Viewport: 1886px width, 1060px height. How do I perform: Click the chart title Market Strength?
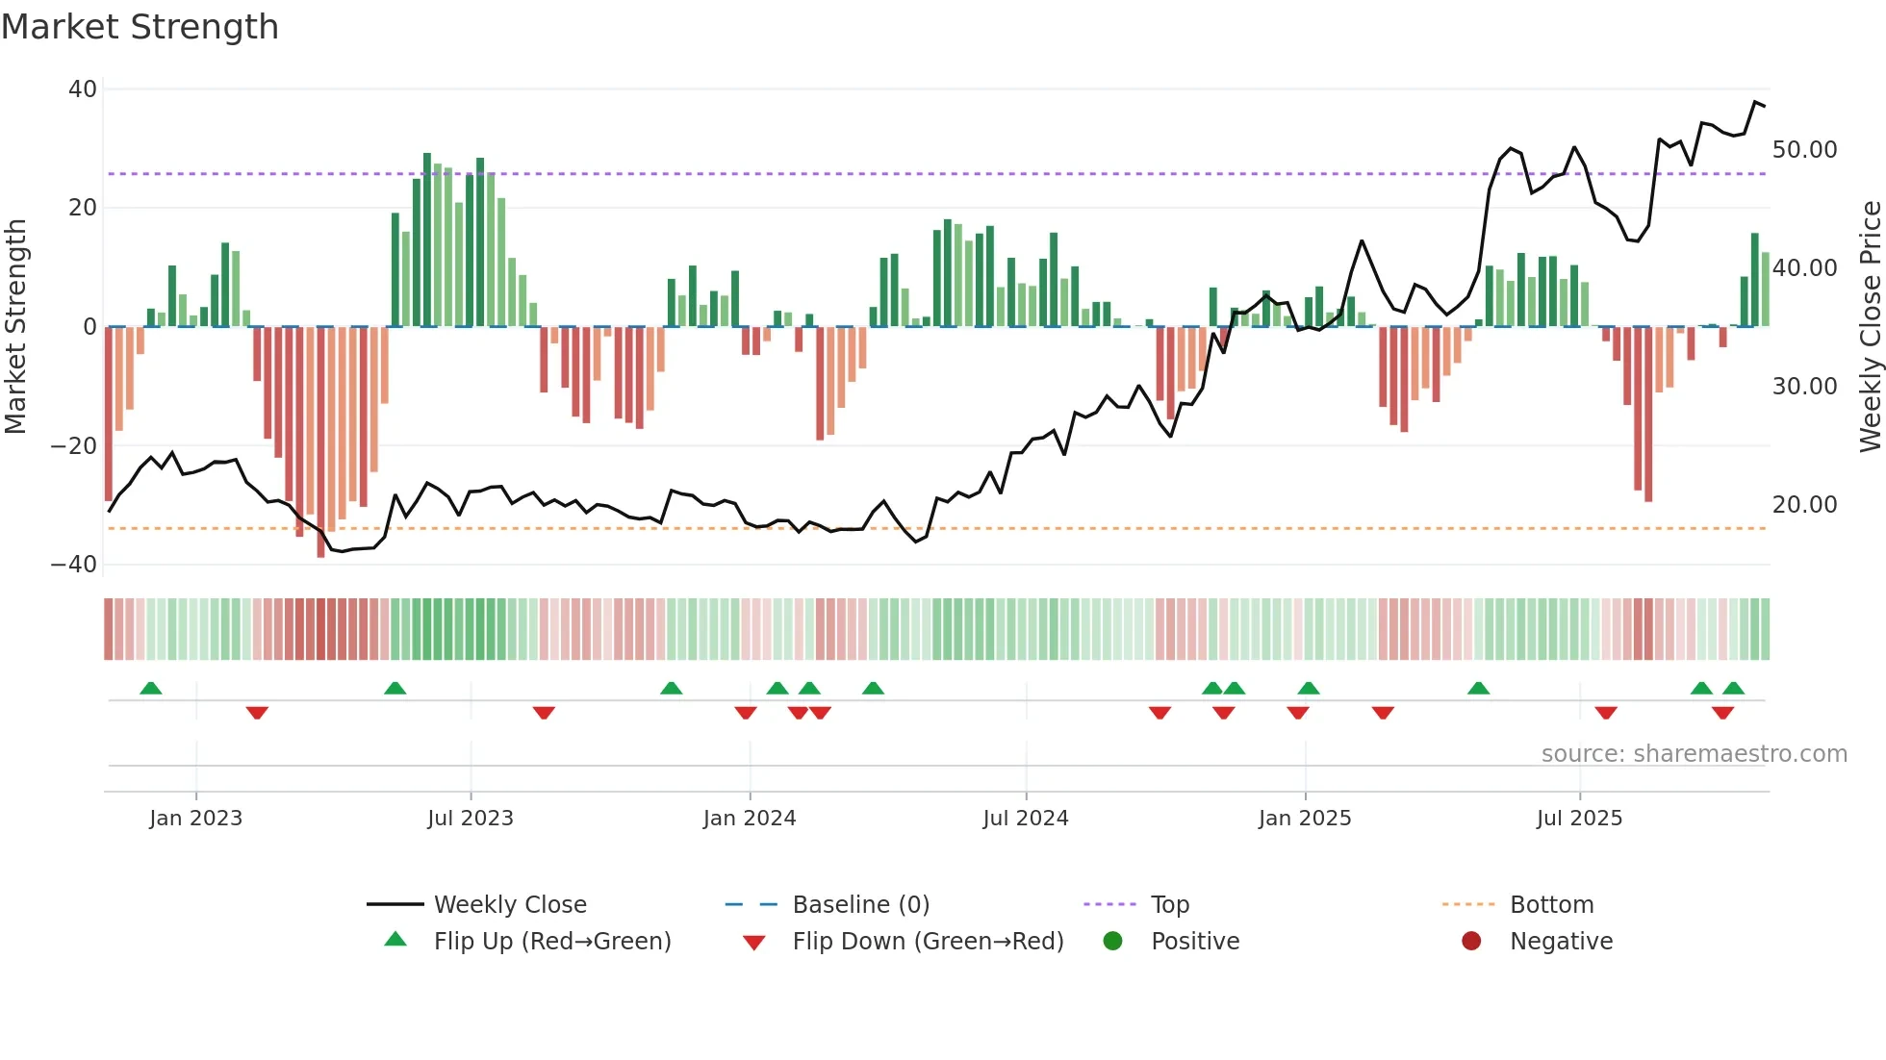click(140, 27)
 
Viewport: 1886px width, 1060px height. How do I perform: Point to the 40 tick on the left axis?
click(83, 89)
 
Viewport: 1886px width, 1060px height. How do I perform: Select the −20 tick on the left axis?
click(74, 446)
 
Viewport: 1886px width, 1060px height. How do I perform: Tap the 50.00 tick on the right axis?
click(1804, 150)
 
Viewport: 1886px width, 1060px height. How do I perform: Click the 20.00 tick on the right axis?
click(1804, 505)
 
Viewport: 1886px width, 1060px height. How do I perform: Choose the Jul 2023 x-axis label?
click(471, 819)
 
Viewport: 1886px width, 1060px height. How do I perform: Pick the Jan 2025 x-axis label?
click(1305, 819)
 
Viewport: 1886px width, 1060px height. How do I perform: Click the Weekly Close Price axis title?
click(1870, 326)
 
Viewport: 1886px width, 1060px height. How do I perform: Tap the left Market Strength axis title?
click(16, 326)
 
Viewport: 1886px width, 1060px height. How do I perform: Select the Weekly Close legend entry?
click(510, 905)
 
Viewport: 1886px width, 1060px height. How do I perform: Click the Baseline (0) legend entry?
click(860, 905)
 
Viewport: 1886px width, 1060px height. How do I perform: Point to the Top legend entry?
click(1170, 905)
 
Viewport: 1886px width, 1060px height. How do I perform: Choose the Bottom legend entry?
click(1551, 905)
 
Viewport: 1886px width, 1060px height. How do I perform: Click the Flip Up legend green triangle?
click(395, 940)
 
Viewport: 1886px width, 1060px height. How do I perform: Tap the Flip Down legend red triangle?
click(754, 943)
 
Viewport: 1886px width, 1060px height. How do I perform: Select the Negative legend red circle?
click(1471, 941)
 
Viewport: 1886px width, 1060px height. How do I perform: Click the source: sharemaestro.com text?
click(1694, 754)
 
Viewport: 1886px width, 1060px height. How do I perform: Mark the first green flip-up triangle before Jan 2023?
click(151, 688)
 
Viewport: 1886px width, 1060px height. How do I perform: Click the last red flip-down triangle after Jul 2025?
click(1722, 713)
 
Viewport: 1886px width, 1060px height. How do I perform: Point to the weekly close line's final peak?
click(1755, 102)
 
